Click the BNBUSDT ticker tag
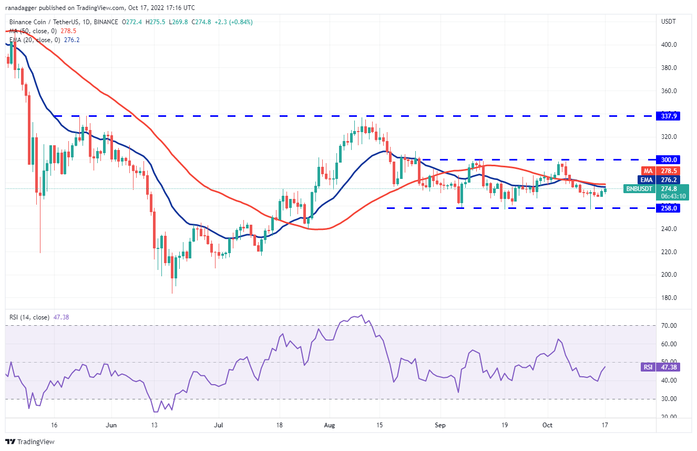point(639,188)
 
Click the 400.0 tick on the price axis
point(669,45)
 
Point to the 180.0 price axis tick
point(669,298)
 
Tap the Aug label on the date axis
point(330,425)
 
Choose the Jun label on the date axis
point(110,425)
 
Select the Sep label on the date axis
point(440,425)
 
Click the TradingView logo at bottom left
point(30,442)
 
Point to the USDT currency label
point(668,22)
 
